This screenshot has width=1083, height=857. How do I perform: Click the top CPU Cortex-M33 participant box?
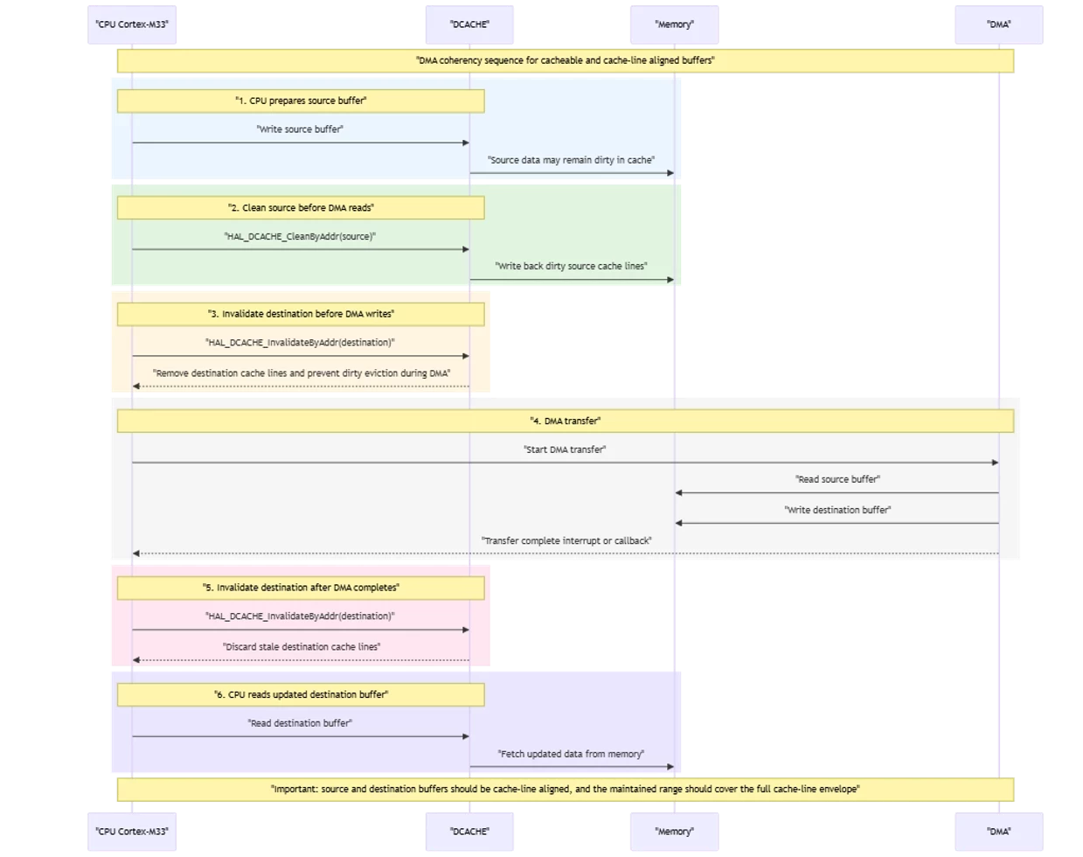[132, 24]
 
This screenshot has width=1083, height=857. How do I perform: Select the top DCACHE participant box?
[469, 24]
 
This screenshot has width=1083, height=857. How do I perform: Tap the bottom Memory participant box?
[674, 832]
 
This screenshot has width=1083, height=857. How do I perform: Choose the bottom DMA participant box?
[999, 832]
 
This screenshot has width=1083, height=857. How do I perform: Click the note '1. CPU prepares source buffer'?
[301, 101]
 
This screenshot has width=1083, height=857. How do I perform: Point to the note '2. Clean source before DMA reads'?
[301, 207]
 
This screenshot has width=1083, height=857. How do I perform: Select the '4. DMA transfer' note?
[566, 421]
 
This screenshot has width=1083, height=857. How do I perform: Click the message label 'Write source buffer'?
[300, 129]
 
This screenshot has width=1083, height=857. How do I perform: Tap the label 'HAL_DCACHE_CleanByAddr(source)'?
[300, 236]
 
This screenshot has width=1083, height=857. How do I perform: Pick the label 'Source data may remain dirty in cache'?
[571, 160]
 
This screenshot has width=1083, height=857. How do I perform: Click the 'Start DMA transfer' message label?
[566, 449]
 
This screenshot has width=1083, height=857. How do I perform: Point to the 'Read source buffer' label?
[838, 479]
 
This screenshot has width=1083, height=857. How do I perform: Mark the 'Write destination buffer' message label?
[838, 510]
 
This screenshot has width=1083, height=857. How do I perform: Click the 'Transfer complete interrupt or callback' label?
[566, 540]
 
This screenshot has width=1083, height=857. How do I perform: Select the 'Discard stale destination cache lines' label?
[302, 647]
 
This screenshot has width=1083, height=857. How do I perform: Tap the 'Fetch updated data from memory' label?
[571, 754]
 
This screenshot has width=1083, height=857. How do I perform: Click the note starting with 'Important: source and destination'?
[566, 790]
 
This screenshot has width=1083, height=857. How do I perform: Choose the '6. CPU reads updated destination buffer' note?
[301, 695]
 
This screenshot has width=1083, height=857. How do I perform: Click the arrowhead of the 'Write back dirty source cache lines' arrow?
[670, 280]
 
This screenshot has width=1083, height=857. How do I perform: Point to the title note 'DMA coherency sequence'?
[566, 61]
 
